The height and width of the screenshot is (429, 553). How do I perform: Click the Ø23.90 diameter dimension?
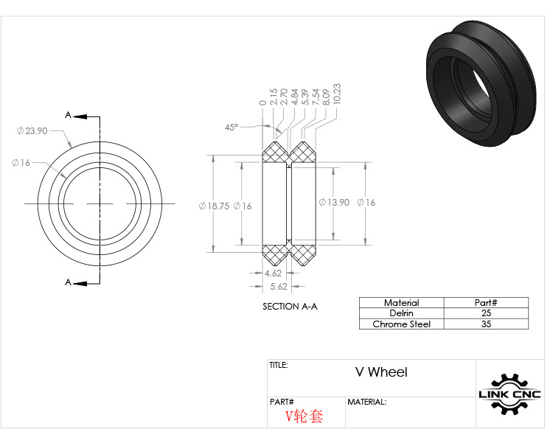(32, 130)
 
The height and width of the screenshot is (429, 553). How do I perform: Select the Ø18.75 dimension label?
(213, 206)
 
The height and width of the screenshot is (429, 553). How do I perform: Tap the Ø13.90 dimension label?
(333, 202)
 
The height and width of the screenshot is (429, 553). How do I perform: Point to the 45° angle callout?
(232, 128)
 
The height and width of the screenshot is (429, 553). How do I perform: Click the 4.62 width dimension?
(274, 273)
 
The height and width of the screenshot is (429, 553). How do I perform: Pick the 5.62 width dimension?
(279, 286)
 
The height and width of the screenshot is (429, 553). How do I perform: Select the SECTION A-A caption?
(290, 306)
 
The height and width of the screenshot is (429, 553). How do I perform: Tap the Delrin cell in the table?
(401, 313)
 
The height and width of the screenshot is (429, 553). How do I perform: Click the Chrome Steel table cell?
(401, 324)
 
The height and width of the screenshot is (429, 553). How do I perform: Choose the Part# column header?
(485, 302)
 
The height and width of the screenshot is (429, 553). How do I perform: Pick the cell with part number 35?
(485, 324)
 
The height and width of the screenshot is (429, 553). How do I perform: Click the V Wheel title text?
(380, 372)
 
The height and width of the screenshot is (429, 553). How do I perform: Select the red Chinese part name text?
(305, 416)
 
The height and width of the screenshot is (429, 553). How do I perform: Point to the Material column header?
(401, 302)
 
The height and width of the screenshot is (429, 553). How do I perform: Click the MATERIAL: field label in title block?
(366, 402)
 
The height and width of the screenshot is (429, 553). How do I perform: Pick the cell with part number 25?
(485, 313)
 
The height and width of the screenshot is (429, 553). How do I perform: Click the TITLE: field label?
(279, 365)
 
